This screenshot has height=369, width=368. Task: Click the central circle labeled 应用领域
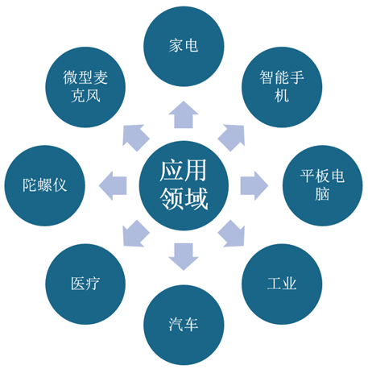tap(184, 185)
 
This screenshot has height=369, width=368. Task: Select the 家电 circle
tap(184, 46)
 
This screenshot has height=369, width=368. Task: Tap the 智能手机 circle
tap(282, 87)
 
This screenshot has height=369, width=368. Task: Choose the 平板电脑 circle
tap(323, 185)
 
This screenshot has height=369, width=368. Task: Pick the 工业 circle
tap(282, 284)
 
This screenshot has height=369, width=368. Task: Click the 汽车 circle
tap(184, 325)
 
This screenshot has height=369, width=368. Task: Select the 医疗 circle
tap(85, 284)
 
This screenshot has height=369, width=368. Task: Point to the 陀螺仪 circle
tap(44, 185)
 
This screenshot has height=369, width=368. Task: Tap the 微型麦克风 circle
tap(85, 87)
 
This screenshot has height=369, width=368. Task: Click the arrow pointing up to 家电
tap(184, 115)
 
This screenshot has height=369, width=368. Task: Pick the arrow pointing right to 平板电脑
tap(254, 185)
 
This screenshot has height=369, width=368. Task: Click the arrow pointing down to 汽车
tap(184, 256)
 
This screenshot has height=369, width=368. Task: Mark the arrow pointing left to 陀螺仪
tap(113, 185)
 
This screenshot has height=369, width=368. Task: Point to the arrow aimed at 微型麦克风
tap(135, 137)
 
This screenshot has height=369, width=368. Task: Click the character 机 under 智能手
tap(282, 96)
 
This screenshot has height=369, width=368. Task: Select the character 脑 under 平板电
tap(322, 194)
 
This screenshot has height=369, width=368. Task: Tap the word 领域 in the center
tap(184, 199)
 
